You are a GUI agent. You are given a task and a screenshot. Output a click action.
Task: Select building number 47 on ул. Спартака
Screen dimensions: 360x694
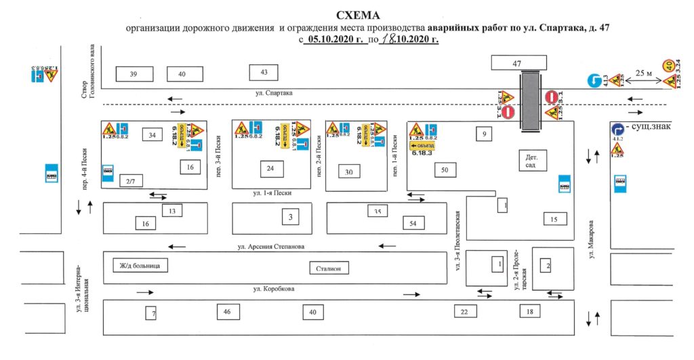[x=516, y=63]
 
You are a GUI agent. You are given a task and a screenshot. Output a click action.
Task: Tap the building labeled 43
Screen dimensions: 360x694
[x=264, y=72]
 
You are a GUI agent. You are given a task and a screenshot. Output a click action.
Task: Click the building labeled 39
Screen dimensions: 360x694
[x=134, y=73]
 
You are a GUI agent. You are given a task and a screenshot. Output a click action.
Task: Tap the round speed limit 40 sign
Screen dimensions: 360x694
[x=669, y=66]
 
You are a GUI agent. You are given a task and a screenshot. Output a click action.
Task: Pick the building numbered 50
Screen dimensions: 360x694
[x=445, y=169]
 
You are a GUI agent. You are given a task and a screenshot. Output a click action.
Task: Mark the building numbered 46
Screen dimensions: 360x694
[x=227, y=312]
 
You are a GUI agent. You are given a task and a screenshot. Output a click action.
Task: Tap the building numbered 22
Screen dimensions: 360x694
[x=464, y=312]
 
